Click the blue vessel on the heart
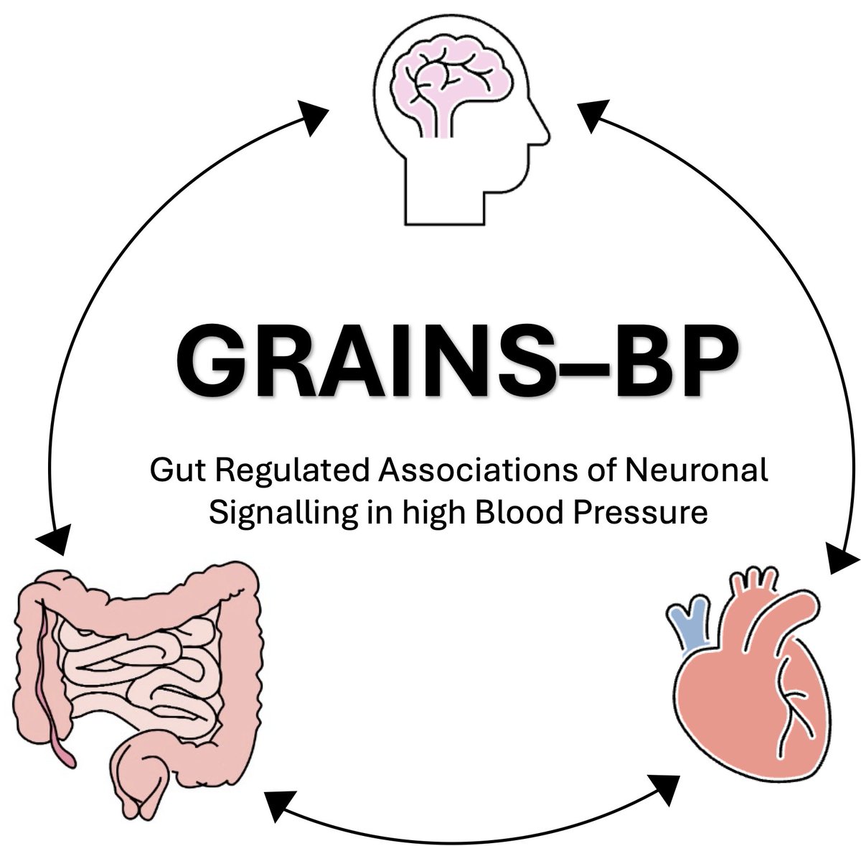688,626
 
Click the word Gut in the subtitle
171,473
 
